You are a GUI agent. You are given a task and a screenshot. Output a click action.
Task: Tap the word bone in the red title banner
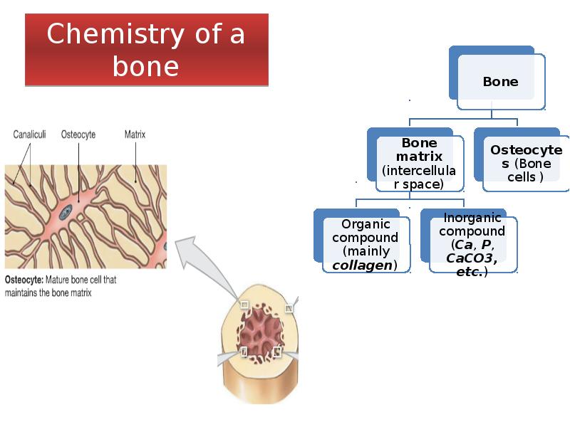pos(145,66)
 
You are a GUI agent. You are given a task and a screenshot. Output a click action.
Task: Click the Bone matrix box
pos(419,164)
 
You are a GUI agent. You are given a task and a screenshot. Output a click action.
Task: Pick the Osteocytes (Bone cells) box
pos(526,163)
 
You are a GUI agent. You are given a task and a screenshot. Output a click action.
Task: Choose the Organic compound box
pos(365,245)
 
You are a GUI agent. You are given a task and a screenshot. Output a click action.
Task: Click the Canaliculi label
pos(31,134)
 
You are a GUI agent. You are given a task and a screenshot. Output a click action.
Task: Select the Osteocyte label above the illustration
pos(78,134)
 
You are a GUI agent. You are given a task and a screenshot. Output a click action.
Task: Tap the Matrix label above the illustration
pos(135,134)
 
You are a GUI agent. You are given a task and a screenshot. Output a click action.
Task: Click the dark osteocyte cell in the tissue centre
pos(66,211)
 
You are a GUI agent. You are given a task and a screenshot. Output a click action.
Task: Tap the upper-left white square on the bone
pos(244,305)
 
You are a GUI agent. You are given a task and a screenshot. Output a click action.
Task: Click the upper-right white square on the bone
pos(289,308)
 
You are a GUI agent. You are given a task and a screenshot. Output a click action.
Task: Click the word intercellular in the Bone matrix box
pos(419,171)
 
